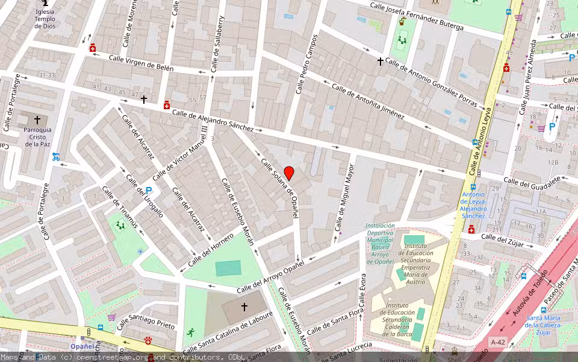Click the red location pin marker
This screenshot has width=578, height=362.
(289, 173)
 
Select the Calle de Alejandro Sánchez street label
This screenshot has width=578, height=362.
(213, 119)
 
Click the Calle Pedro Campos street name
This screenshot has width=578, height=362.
(306, 72)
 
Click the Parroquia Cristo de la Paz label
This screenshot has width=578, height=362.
(37, 137)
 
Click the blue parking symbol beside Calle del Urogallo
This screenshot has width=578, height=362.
(149, 190)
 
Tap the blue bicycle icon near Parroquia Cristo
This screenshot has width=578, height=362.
(56, 157)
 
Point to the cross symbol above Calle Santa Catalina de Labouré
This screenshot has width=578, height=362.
(244, 307)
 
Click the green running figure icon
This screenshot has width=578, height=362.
(191, 332)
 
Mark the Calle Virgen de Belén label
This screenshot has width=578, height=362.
(141, 63)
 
